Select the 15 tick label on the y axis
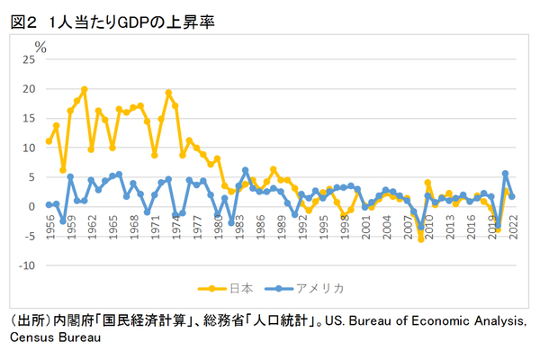pos(28,118)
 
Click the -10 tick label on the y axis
pos(26,265)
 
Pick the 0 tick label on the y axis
pos(31,206)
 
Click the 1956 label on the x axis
pos(49,223)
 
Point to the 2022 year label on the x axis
pos(512,223)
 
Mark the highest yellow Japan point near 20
pos(85,89)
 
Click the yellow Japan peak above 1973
pos(168,93)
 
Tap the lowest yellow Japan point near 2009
pos(420,238)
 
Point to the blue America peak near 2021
pos(505,173)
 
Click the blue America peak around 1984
pos(245,169)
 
